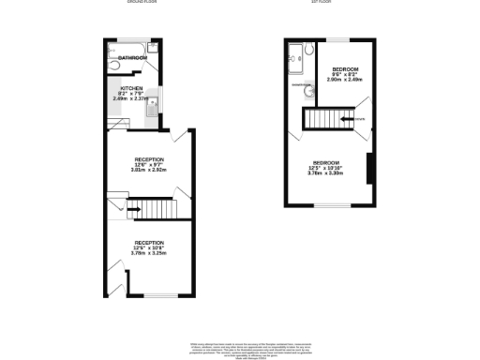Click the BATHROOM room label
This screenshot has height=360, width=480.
[x=132, y=58]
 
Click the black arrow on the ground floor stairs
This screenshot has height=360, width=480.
[x=133, y=208]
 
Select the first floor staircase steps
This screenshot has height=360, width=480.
[x=322, y=120]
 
